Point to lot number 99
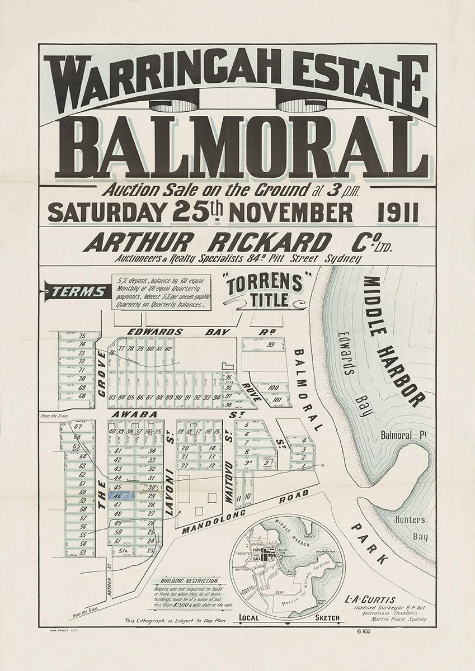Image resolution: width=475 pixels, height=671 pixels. tap(272, 345)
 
